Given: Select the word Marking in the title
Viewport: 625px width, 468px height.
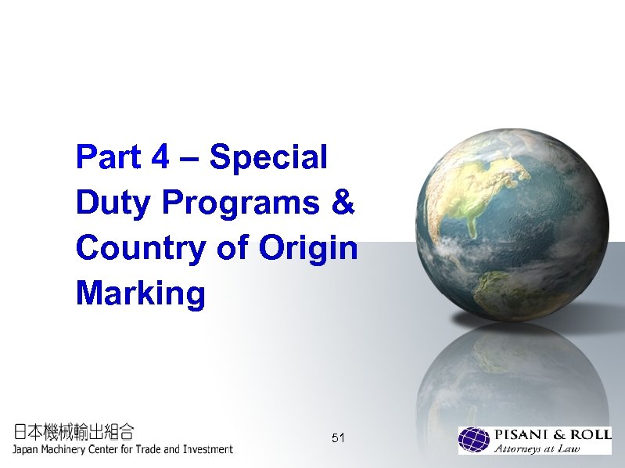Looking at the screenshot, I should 140,294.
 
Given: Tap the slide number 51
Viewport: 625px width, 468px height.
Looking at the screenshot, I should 338,437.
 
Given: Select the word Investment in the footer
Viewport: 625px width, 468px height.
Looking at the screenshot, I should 205,449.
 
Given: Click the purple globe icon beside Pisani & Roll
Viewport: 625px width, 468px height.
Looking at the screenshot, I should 474,440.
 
